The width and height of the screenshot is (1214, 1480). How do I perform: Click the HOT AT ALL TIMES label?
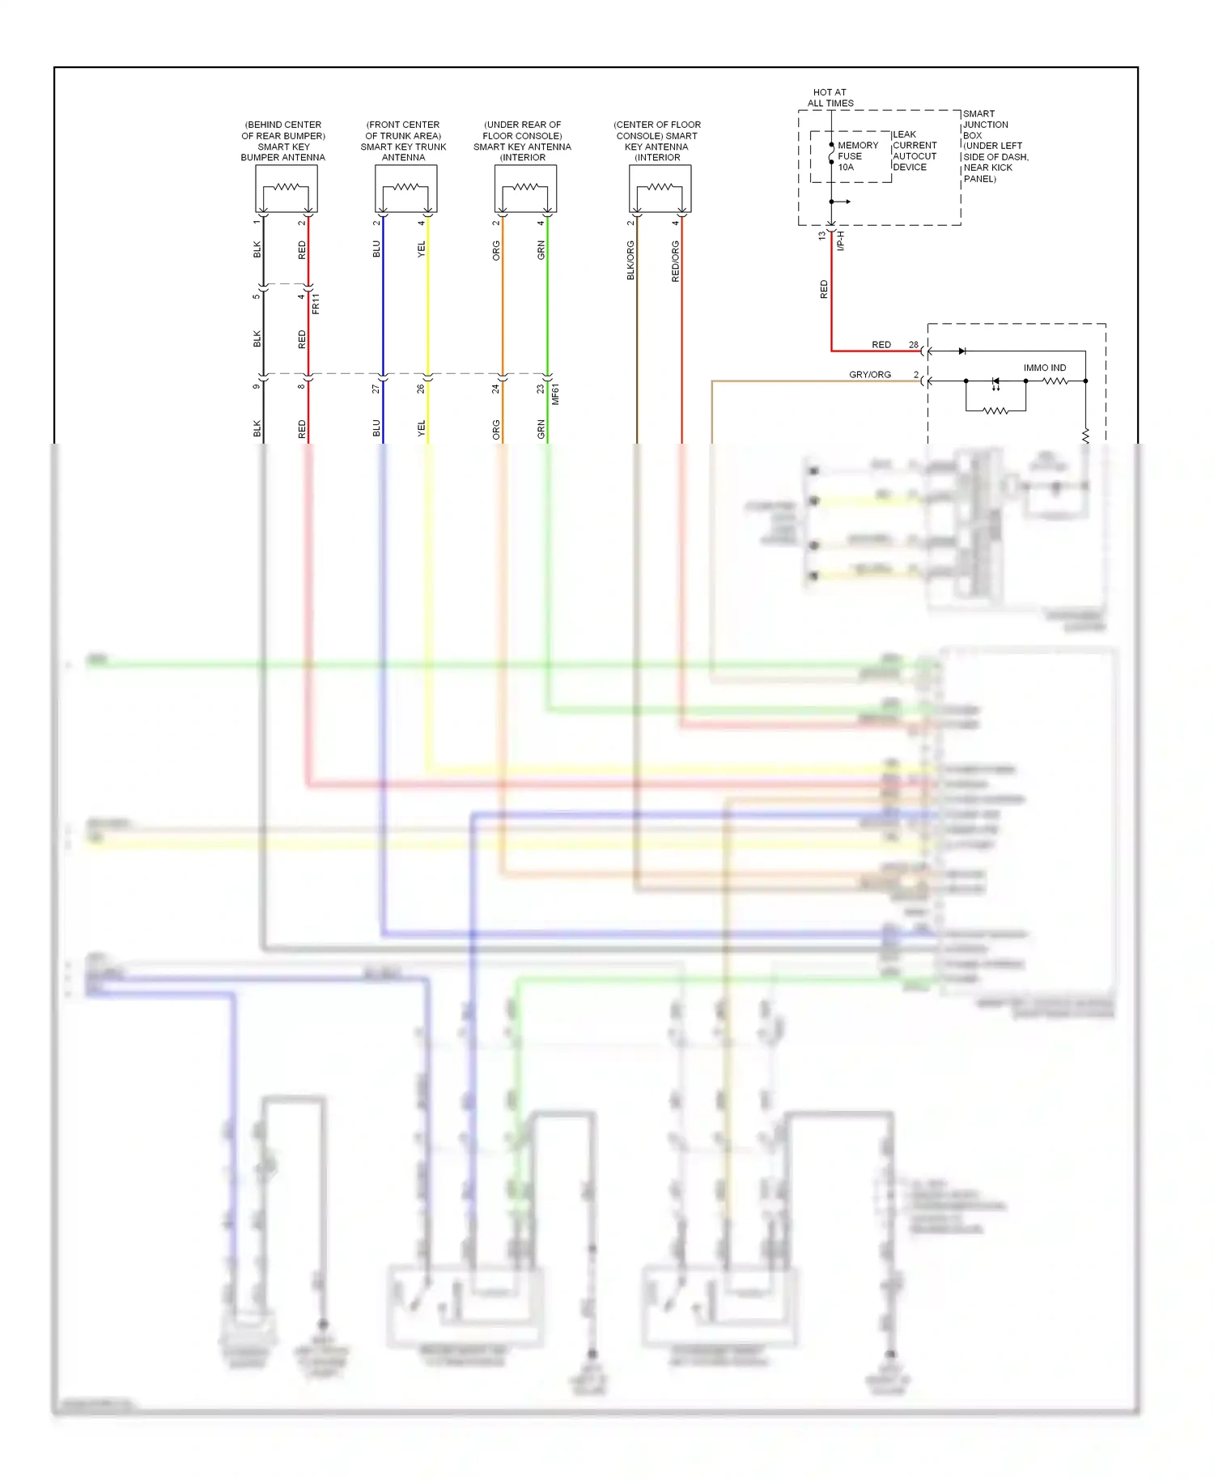[x=830, y=98]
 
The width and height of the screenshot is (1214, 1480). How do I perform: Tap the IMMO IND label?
[x=1044, y=368]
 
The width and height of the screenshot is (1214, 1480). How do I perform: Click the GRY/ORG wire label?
[x=869, y=374]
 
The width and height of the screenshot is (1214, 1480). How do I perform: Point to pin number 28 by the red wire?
[x=913, y=345]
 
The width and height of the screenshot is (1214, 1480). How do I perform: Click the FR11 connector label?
[x=316, y=304]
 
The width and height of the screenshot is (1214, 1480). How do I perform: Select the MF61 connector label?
[x=555, y=394]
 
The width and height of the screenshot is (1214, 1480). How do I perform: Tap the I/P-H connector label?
[x=840, y=240]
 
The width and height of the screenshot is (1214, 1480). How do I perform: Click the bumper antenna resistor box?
[x=286, y=189]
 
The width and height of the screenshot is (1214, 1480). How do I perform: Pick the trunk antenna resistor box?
[x=405, y=189]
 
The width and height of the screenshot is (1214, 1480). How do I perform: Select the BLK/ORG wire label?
[x=630, y=261]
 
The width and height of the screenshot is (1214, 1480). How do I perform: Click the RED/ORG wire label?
[x=675, y=261]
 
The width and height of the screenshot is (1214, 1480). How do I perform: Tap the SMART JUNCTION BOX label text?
[x=994, y=146]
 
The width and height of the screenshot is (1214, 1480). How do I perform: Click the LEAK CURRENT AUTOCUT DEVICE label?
[x=915, y=151]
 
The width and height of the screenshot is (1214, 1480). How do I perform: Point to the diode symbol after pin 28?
[x=961, y=351]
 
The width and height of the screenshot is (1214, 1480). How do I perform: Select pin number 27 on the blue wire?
[x=376, y=389]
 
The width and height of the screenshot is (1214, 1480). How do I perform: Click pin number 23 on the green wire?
[x=541, y=389]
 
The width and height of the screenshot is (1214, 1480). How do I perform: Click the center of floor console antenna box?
[x=660, y=189]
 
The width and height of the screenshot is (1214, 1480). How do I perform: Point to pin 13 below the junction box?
[x=821, y=236]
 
